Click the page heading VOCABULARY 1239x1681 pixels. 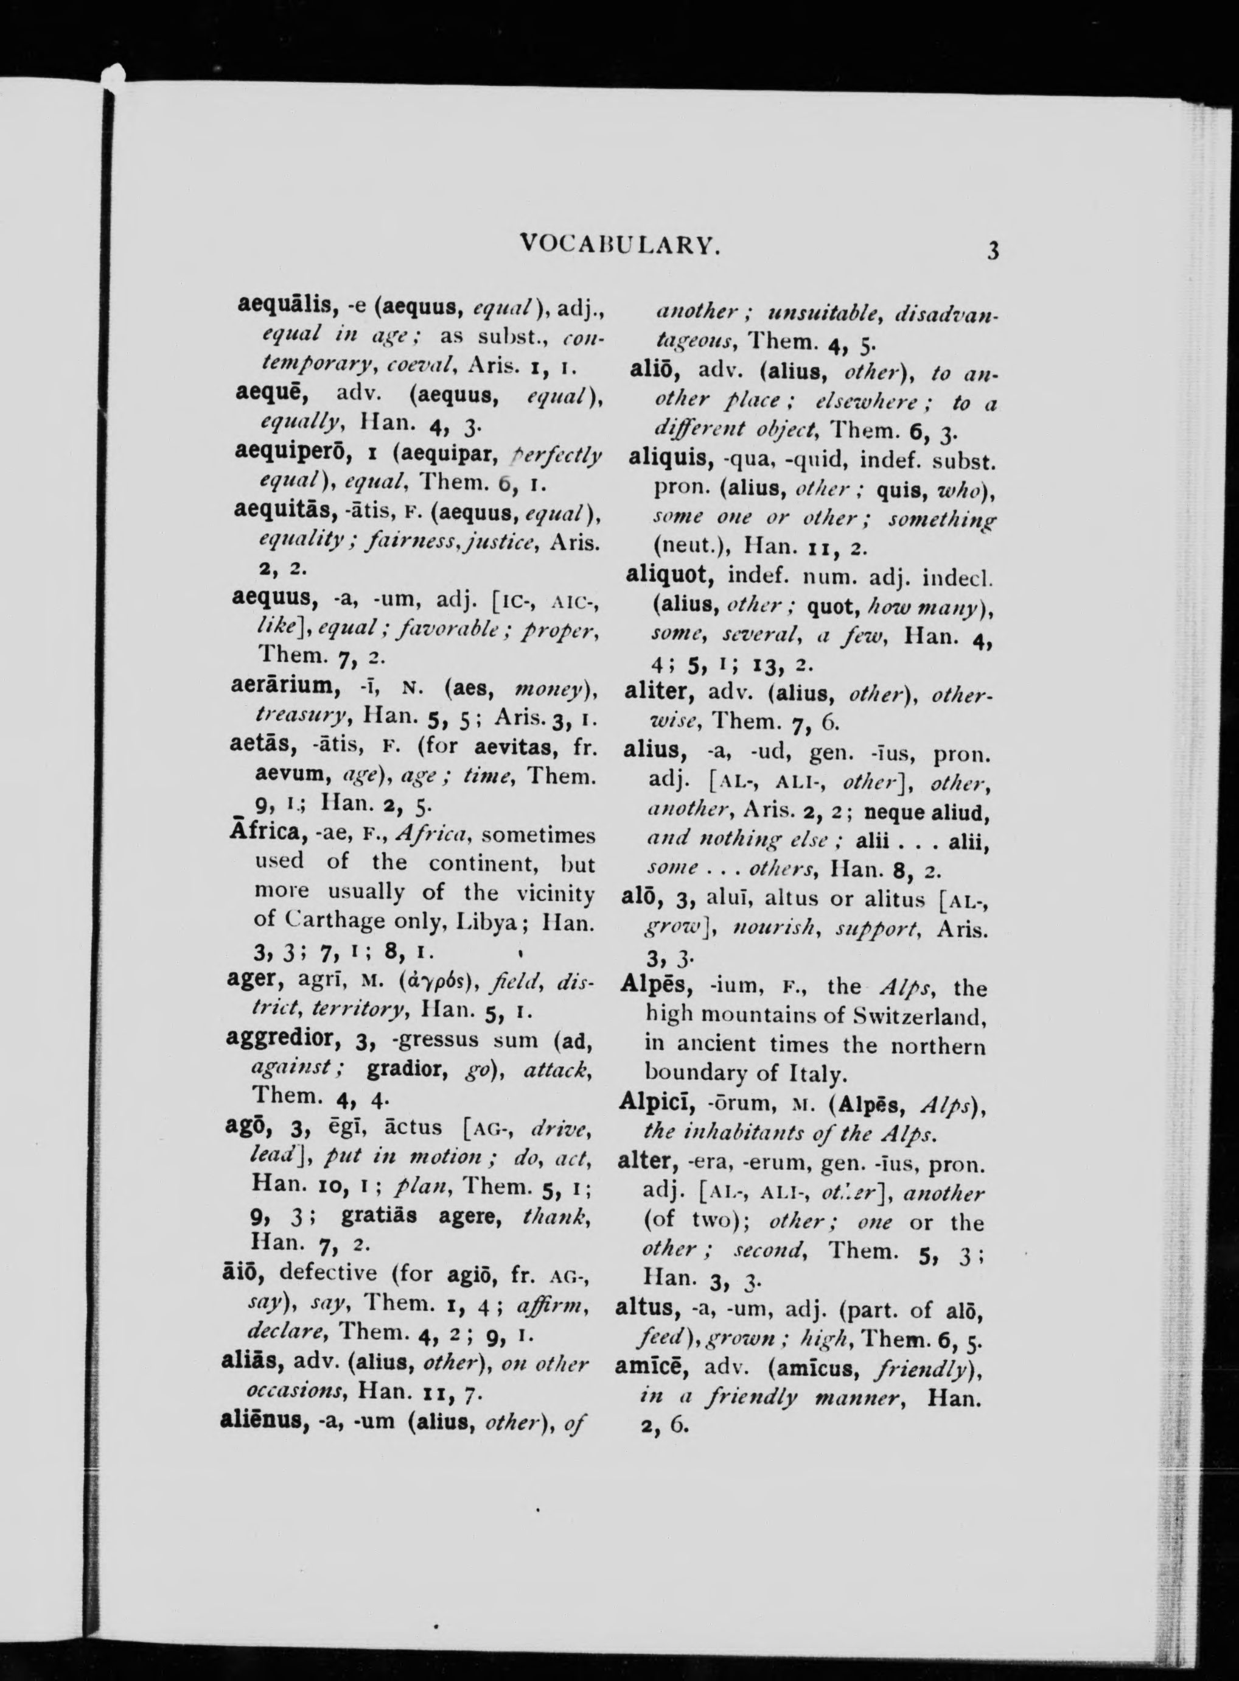tap(619, 245)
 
